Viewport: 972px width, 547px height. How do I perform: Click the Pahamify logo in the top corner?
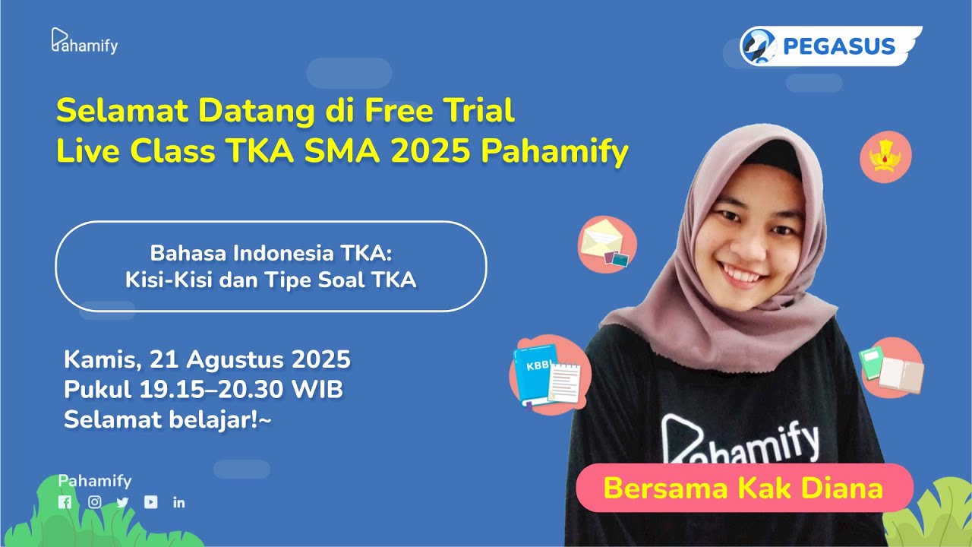tap(84, 42)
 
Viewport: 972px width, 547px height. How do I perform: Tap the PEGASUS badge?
tap(829, 46)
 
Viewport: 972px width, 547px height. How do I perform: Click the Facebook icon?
tap(65, 502)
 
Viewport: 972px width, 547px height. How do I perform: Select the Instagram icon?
tap(95, 502)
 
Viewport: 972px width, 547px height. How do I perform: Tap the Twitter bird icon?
tap(123, 502)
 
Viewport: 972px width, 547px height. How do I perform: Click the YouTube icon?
tap(151, 502)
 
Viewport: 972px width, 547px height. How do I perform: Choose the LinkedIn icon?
tap(179, 502)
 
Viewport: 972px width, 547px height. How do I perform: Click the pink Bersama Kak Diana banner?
tap(743, 488)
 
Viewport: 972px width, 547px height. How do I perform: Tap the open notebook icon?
tap(892, 369)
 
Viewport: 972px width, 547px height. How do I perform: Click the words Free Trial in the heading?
tap(440, 111)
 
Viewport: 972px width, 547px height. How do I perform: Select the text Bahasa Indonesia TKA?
tap(270, 253)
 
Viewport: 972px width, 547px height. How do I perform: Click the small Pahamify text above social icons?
tap(95, 481)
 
